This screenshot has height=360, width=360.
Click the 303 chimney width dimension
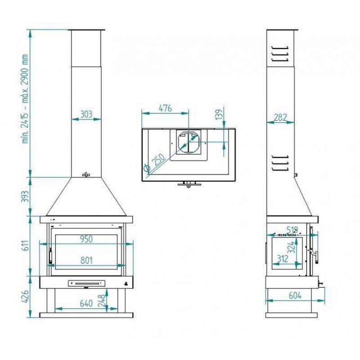86,114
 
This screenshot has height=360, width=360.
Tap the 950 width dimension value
86,239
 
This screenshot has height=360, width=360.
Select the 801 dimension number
86,261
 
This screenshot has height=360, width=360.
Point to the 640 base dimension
86,303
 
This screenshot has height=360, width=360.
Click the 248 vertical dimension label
102,301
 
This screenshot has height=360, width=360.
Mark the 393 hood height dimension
25,197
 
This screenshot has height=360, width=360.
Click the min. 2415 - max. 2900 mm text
25,99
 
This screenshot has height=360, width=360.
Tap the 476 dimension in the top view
165,108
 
